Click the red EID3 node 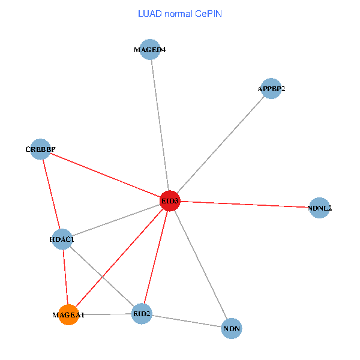(170, 201)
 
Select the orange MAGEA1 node (68, 314)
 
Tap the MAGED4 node (149, 50)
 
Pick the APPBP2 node (271, 89)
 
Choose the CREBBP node (40, 149)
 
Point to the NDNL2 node (319, 208)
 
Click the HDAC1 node (62, 240)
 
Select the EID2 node (142, 314)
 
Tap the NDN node (232, 329)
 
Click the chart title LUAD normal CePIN (180, 14)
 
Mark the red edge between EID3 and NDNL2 (245, 205)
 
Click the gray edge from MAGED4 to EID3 (160, 125)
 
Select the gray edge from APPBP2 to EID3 (221, 145)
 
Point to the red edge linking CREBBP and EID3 (105, 175)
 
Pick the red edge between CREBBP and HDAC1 (51, 194)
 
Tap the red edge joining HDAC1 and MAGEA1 (65, 277)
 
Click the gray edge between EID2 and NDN (187, 321)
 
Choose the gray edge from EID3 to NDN (200, 265)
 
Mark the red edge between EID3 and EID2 (156, 257)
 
